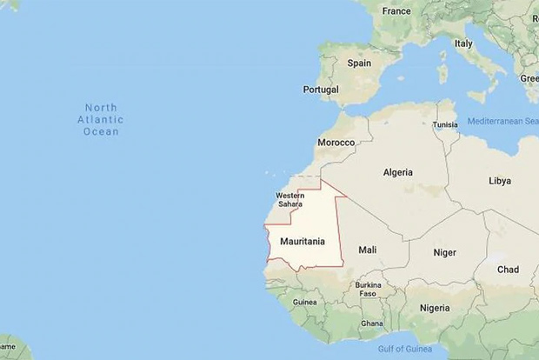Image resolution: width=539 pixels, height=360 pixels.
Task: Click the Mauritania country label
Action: coord(303,239)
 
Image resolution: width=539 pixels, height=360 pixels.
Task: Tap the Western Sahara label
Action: coord(289,200)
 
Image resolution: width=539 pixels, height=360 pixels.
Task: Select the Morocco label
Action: coord(336,142)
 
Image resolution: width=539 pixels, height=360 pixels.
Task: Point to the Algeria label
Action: coord(397,172)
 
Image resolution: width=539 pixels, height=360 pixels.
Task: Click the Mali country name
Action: coord(368,250)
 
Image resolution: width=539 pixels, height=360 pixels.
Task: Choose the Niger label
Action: coord(444,252)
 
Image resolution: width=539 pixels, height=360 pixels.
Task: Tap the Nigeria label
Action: coord(435,308)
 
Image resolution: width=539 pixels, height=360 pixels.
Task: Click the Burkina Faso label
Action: coord(369,289)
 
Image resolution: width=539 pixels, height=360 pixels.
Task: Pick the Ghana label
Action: coord(372,323)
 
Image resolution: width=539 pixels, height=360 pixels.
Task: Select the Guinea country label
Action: coord(304,302)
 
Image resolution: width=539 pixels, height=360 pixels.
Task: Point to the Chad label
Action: coord(507,270)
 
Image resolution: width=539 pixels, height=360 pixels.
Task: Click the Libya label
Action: coord(500,181)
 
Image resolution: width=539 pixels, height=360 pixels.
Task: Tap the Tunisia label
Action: coord(445,124)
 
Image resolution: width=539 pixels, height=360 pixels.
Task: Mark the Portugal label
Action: coord(321,90)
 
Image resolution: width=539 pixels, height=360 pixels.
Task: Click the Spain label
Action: coord(359,63)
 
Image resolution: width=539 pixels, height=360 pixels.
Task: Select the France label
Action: coord(396,11)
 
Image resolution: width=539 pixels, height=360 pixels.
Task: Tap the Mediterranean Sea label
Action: coord(502,121)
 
